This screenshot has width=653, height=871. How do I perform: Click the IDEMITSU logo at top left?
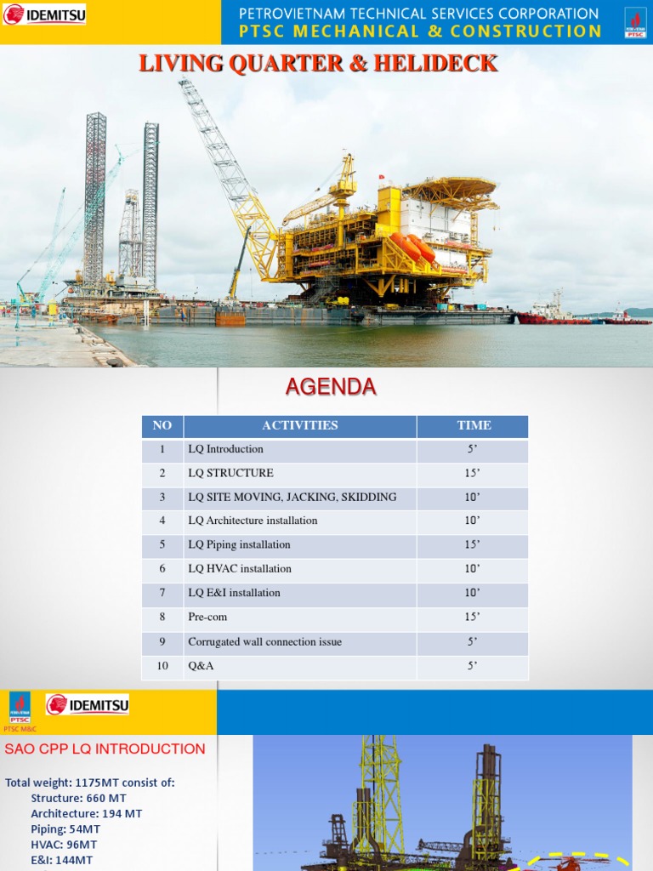(x=44, y=14)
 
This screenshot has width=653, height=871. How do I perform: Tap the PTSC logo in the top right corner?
(x=634, y=23)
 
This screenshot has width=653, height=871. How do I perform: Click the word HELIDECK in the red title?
(x=440, y=64)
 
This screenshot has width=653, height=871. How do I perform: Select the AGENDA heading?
(x=331, y=388)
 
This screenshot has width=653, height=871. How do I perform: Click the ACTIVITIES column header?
(x=300, y=426)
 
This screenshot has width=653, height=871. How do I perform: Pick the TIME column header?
(x=473, y=426)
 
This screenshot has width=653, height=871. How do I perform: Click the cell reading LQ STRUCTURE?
(x=230, y=474)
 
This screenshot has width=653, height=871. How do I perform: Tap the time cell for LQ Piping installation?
(x=473, y=545)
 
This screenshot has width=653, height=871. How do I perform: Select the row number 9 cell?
(x=162, y=642)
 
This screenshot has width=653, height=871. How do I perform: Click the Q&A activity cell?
(x=201, y=667)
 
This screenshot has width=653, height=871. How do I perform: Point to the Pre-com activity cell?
(x=207, y=618)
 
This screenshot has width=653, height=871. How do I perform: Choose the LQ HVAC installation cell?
(x=240, y=569)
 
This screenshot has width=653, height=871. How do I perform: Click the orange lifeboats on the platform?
(x=413, y=247)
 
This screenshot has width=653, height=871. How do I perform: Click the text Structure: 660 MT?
(x=78, y=798)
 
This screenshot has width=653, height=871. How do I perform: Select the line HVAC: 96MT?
(x=64, y=845)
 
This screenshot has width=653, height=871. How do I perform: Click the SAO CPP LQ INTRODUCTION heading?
(x=105, y=749)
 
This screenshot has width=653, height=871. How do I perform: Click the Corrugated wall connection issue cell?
(x=264, y=642)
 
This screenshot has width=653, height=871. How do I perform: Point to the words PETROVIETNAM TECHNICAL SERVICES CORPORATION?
(x=418, y=14)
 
